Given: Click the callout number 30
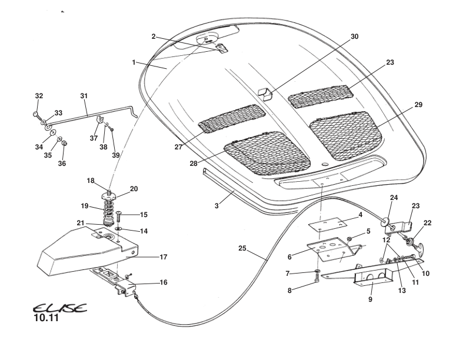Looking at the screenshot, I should pos(354,36).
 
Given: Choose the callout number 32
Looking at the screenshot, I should pos(39,95).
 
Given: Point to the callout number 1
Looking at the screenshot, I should pos(134,61).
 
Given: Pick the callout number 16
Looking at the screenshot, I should pos(164,282).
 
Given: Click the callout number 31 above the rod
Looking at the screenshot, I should pos(84,95).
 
